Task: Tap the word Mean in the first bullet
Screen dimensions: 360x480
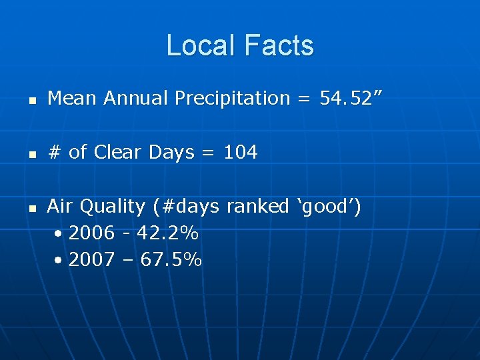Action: [73, 99]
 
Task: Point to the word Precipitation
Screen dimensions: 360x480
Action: [232, 99]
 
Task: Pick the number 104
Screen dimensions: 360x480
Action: [240, 153]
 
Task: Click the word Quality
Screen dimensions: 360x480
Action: [112, 207]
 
